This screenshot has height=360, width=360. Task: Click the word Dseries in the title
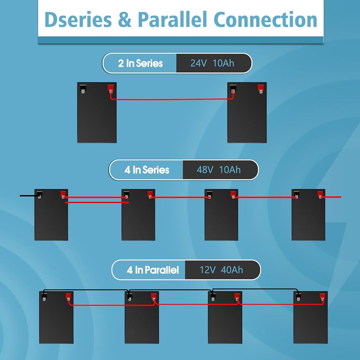pos(78,19)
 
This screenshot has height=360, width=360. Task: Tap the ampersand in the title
pos(125,19)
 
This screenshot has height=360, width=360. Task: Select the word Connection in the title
pos(265,19)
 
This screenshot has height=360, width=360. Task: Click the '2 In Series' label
pos(140,63)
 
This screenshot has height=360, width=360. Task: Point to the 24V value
pos(199,63)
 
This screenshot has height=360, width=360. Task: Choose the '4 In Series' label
pos(147,170)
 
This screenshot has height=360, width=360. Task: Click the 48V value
pos(205,170)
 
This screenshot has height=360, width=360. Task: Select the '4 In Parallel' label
pos(153,270)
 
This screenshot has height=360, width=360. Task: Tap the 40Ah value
pos(232,270)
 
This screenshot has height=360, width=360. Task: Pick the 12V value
pos(207,270)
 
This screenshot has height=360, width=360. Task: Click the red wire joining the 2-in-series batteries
pos(172,99)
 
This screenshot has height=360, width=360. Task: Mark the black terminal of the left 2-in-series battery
pos(83,89)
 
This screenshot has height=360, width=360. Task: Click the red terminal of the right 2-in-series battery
pos(261,89)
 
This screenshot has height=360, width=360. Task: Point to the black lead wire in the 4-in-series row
pos(30,196)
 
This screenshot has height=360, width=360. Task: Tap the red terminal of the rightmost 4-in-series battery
pos(320,195)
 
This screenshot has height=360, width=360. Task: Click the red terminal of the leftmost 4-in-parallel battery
pos(68,297)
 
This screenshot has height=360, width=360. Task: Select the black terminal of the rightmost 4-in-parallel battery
pos(298,297)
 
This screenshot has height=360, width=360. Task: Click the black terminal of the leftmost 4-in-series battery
pos(40,195)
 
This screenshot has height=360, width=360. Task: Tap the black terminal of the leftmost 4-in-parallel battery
pos(44,297)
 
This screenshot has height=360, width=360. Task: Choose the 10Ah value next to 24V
pos(224,63)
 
